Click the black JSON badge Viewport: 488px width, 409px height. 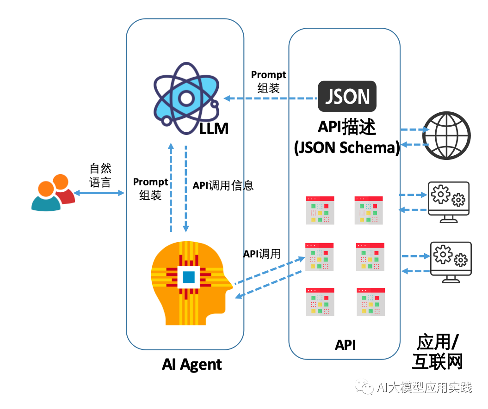tap(347, 97)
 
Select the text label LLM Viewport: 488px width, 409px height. tap(214, 129)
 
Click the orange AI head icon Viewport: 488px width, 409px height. tap(190, 282)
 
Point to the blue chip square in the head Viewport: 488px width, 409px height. tap(189, 277)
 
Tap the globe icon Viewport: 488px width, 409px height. tap(447, 136)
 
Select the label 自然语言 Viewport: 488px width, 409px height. tap(100, 175)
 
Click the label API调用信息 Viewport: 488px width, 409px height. tap(223, 186)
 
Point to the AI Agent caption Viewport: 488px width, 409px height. tap(192, 365)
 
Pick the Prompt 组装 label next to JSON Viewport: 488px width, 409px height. tap(268, 81)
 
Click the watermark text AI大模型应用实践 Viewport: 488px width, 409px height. tap(424, 387)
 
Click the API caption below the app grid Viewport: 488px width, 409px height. tap(345, 345)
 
